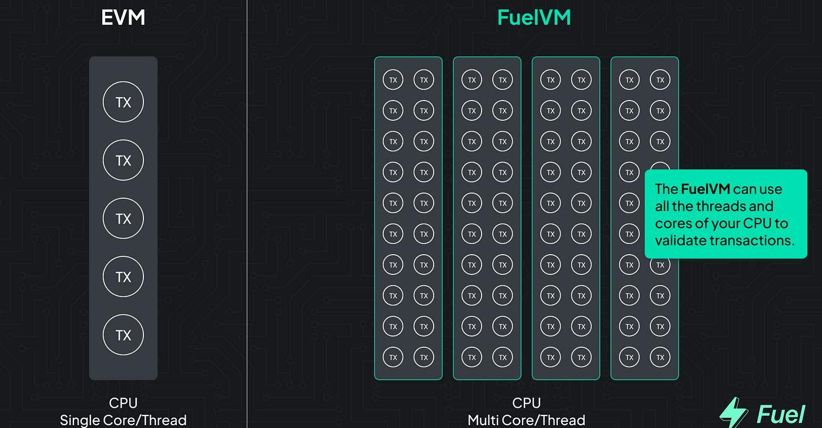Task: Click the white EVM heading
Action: [x=123, y=18]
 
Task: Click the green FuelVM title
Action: [x=534, y=18]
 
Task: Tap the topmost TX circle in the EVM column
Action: [x=123, y=102]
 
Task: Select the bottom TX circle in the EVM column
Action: [x=123, y=335]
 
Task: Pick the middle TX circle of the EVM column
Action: [x=123, y=219]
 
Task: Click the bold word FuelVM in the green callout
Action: [x=705, y=189]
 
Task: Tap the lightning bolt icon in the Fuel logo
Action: [x=733, y=413]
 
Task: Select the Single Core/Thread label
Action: [x=123, y=420]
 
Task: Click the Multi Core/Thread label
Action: [x=526, y=420]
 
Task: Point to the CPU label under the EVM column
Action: [x=123, y=403]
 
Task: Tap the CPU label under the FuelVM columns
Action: [x=526, y=403]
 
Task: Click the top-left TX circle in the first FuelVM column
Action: [x=393, y=80]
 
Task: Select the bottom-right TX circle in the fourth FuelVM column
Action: [x=660, y=357]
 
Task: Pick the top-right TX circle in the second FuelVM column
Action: [x=502, y=80]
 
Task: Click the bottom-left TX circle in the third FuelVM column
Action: [x=550, y=357]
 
